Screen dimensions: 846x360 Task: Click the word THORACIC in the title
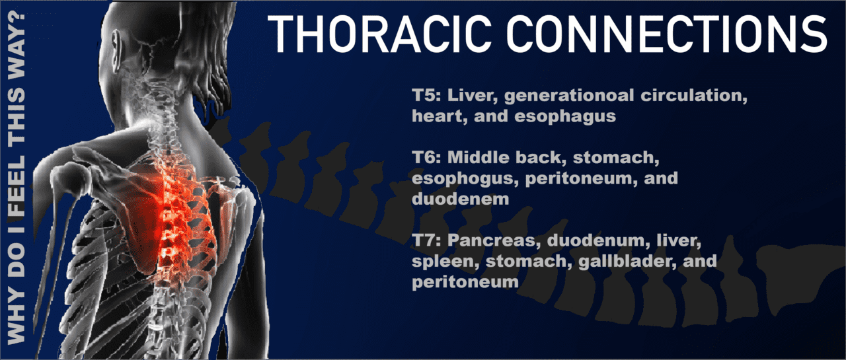click(379, 34)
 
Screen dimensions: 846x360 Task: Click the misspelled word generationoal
click(569, 96)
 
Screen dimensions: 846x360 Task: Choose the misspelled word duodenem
click(461, 199)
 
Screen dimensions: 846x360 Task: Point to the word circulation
click(694, 96)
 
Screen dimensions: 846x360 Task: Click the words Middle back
click(506, 158)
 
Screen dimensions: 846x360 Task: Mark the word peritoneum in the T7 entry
click(465, 282)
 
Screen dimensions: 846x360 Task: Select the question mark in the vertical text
click(17, 22)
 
